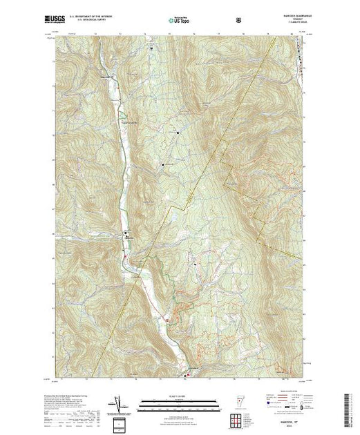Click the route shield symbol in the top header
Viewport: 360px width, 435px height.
tap(239, 21)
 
